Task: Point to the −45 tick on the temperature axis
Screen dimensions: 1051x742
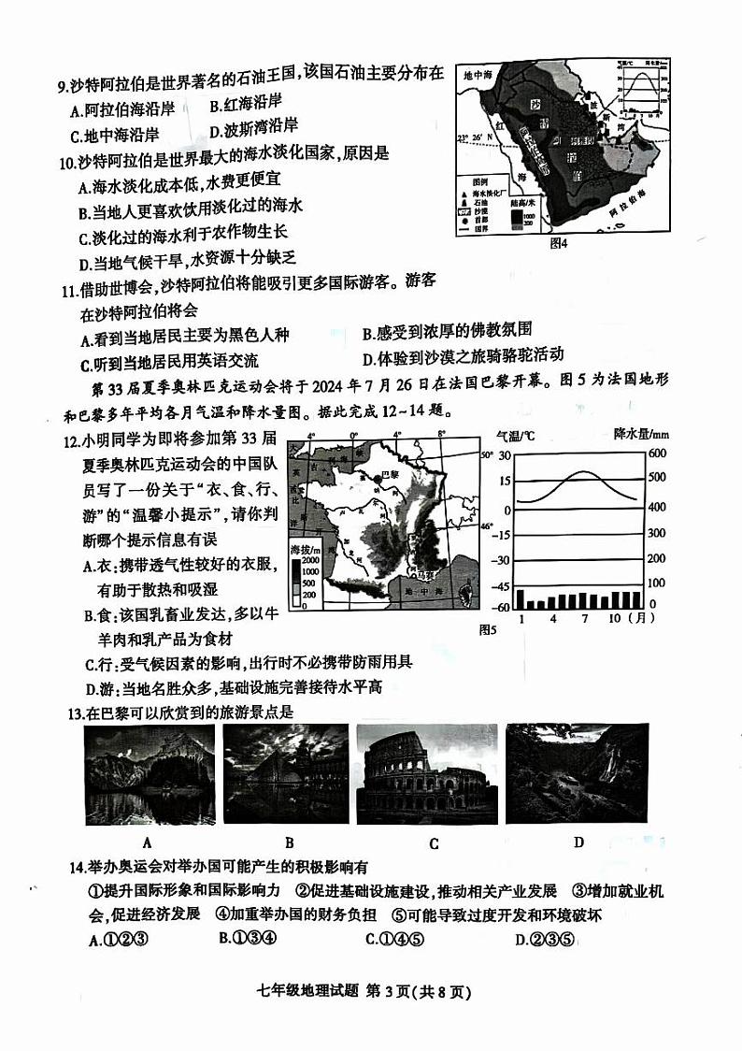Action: coord(499,586)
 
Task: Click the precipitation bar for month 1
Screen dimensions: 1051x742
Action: coord(520,598)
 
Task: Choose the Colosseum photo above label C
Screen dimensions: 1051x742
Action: coord(434,773)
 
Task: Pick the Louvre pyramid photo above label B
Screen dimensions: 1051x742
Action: coord(290,772)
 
